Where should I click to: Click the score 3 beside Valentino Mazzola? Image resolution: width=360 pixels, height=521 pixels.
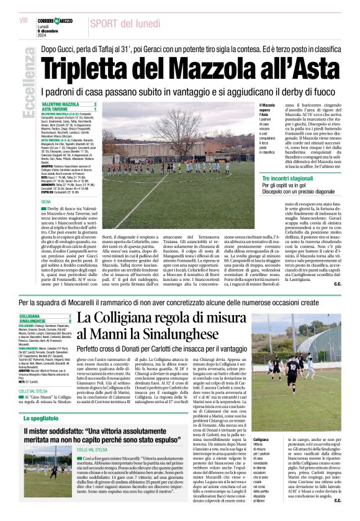(95, 104)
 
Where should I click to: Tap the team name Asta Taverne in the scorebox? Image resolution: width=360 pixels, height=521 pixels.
(55, 109)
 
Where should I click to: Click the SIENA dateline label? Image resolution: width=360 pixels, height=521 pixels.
(46, 202)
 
